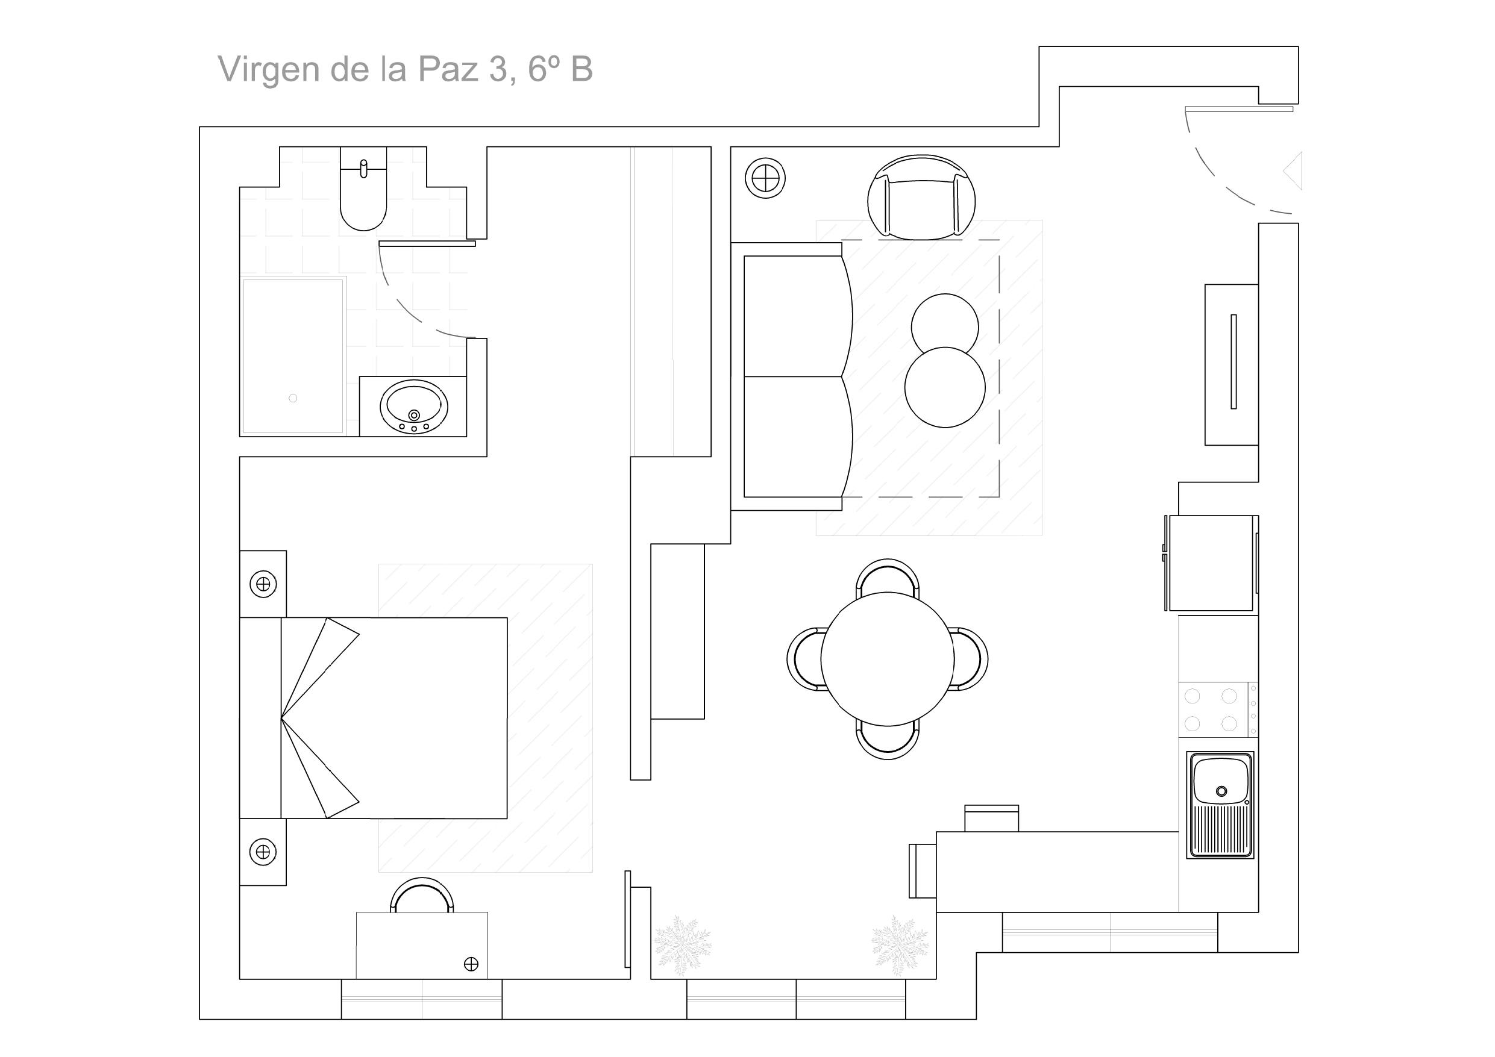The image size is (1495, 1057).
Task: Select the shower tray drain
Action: coord(293,398)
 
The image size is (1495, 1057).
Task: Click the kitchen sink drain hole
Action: coord(1221,791)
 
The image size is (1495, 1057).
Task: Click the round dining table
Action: coord(888,659)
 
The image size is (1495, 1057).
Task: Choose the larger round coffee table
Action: coord(945,388)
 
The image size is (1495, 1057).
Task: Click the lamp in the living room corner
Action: coord(765,178)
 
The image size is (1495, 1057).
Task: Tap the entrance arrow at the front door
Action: coord(1293,171)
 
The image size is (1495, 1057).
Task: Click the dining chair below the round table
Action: coord(888,743)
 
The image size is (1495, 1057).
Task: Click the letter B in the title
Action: coord(581,69)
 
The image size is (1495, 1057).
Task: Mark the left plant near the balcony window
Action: coord(682,945)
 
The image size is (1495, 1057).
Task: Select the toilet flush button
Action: coord(363,168)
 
